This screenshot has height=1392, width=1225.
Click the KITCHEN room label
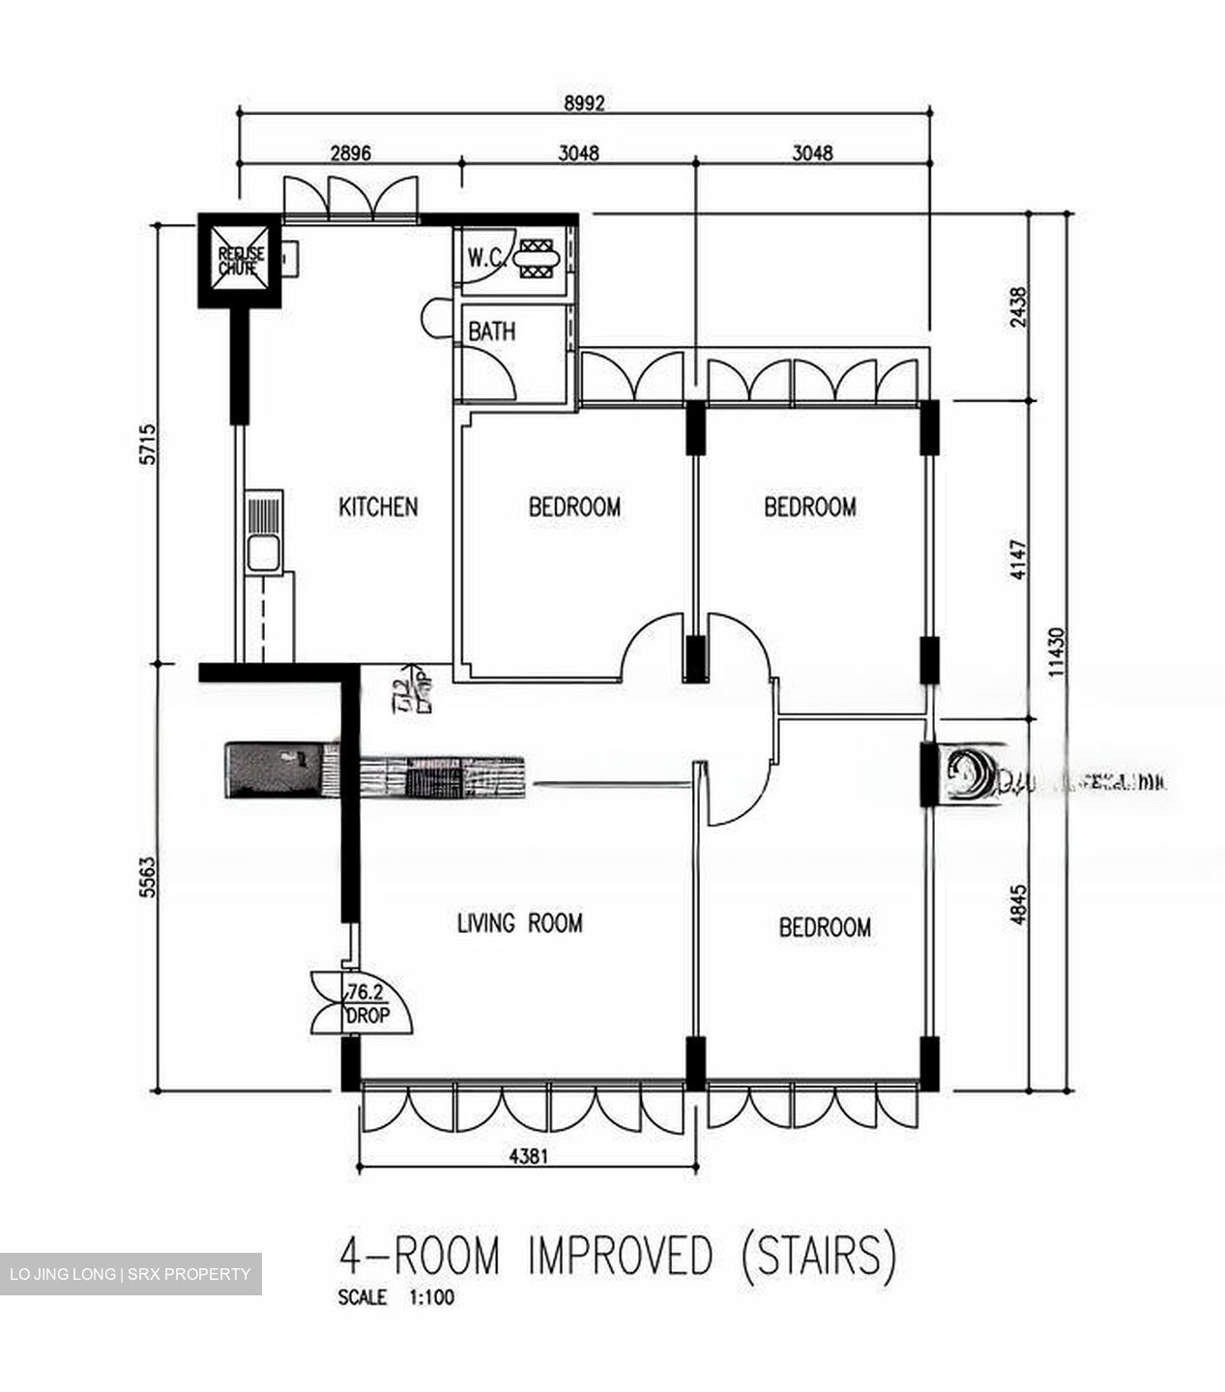point(378,507)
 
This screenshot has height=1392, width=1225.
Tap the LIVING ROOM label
point(519,924)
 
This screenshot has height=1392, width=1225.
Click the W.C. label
point(484,258)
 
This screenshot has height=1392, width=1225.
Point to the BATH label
point(492,332)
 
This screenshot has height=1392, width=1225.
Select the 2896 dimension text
point(351,153)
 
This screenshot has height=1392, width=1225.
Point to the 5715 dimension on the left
point(147,444)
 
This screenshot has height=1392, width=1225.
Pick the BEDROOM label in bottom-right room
point(825,928)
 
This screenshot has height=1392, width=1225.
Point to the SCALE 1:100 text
point(395,1298)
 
